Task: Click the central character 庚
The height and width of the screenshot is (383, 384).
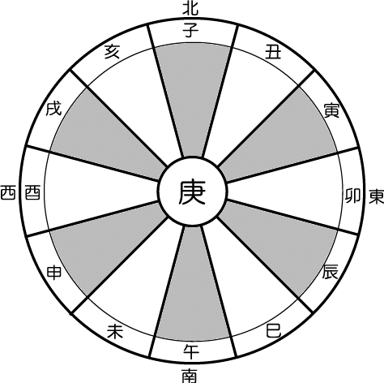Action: point(192,192)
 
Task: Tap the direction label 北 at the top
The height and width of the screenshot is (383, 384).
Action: point(190,8)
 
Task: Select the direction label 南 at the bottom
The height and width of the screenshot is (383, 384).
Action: point(190,376)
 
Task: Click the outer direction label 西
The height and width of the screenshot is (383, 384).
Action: point(7,192)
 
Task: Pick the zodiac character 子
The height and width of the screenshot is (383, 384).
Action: point(190,30)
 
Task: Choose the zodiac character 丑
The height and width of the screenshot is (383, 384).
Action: point(273,51)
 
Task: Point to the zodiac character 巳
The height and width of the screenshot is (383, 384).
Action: point(274,330)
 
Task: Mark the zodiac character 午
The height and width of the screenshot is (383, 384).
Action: point(191,351)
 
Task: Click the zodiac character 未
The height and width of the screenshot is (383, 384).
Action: point(115,331)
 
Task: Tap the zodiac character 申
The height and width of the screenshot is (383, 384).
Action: point(54,273)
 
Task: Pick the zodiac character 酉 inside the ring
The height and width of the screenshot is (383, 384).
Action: point(32,192)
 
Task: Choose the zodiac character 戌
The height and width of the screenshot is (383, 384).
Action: point(53,109)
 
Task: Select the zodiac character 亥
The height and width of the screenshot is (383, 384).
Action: point(112,51)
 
